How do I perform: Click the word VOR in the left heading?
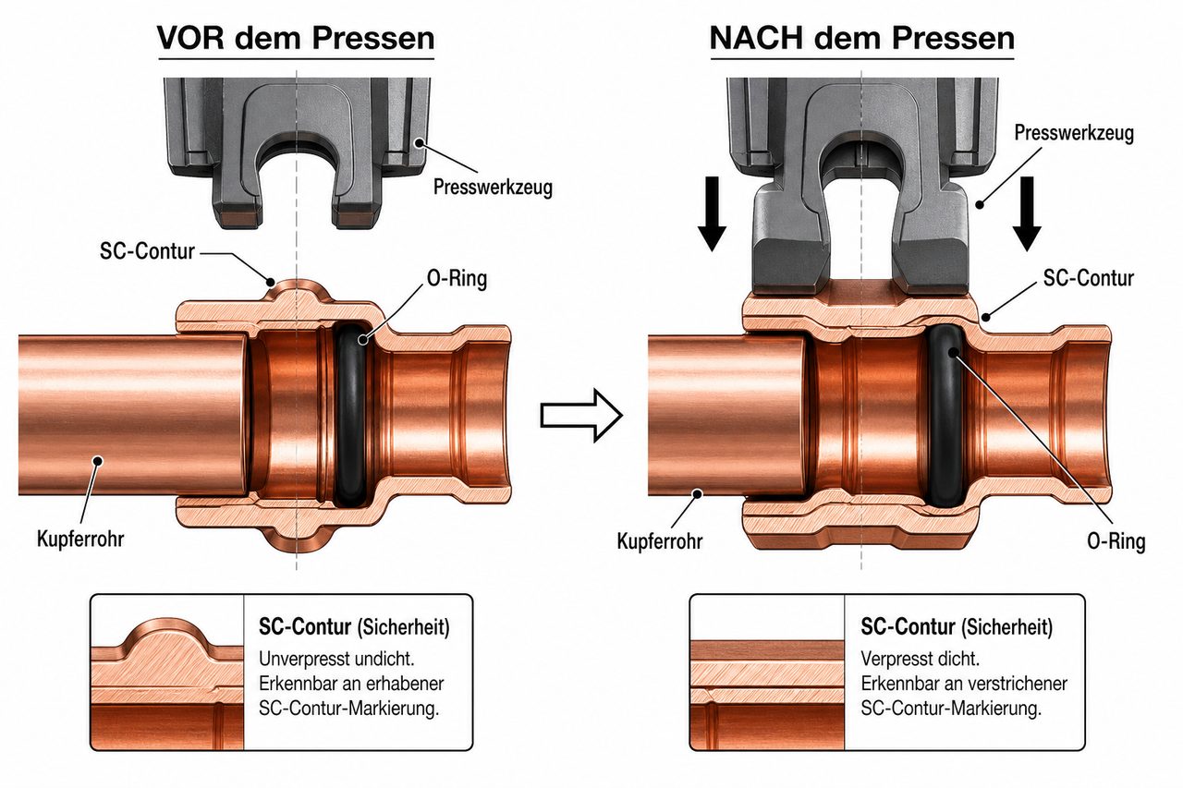coord(190,38)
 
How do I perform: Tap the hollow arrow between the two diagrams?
coord(581,416)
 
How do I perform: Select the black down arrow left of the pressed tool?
coord(712,213)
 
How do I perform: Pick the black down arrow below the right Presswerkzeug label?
coord(1027,213)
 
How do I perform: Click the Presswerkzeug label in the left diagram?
coord(493,188)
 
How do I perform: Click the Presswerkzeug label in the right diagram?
coord(1074,132)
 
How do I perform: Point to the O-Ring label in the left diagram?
coord(457,278)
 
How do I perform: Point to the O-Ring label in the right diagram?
coord(1116,541)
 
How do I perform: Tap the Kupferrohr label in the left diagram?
coord(80,539)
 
